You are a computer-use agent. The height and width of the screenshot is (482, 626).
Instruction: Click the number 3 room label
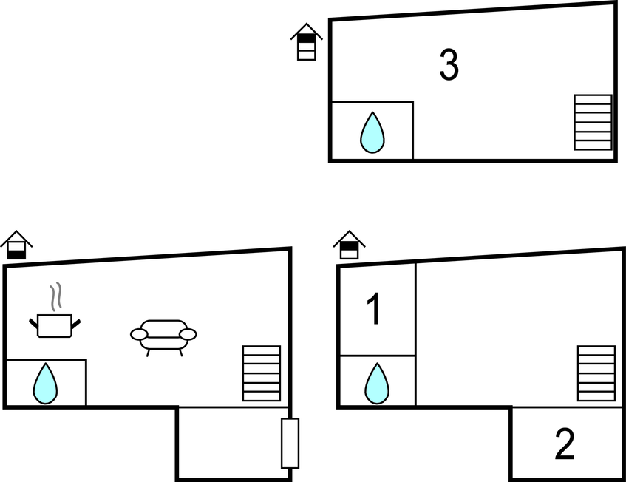(x=449, y=65)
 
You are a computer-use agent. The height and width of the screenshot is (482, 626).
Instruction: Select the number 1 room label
(x=375, y=309)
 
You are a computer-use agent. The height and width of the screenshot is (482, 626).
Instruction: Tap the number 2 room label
(x=565, y=444)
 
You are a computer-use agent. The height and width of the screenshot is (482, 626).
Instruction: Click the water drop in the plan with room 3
(x=372, y=132)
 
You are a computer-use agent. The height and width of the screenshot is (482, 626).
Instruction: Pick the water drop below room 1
(x=377, y=384)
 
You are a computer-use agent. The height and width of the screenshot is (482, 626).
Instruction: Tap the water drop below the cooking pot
(x=45, y=384)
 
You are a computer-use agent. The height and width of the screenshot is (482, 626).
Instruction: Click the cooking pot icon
(x=55, y=325)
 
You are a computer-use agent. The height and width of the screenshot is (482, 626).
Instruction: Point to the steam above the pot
(x=56, y=296)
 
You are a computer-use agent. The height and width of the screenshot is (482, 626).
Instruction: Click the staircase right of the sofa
(x=262, y=373)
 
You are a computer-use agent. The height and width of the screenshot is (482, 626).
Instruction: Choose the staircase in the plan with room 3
(x=593, y=122)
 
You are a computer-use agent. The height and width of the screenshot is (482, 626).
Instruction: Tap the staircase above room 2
(x=596, y=373)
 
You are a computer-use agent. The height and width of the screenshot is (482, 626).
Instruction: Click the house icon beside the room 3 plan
(x=307, y=42)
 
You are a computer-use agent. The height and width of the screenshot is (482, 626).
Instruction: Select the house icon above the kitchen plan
(x=16, y=245)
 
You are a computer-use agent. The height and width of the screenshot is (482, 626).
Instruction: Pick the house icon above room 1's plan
(x=350, y=245)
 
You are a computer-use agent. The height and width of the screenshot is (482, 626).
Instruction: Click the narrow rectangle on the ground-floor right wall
(x=290, y=444)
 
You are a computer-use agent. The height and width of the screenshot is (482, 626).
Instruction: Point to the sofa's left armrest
(x=140, y=334)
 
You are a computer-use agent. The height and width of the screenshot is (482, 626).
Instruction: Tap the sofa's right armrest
(x=188, y=334)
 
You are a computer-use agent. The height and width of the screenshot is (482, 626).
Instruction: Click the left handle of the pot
(x=33, y=324)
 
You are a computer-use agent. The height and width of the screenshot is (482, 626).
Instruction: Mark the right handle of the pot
(x=76, y=324)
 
